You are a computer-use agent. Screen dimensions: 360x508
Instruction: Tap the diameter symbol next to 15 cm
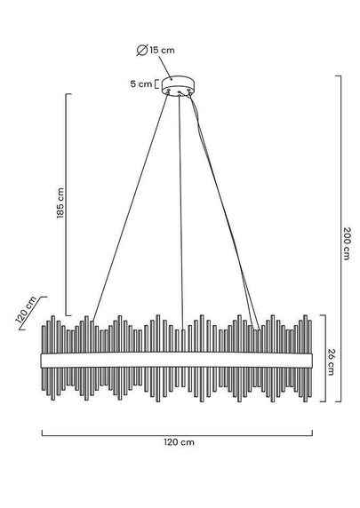142,51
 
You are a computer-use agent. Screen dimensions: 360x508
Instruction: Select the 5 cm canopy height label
141,83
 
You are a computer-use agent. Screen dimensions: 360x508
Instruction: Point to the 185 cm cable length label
60,202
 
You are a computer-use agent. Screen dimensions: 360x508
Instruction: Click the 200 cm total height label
347,243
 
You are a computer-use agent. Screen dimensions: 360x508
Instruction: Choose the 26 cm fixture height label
332,361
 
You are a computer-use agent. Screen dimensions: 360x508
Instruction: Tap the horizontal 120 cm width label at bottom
179,442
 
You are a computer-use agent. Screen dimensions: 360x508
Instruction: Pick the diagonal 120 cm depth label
27,310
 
